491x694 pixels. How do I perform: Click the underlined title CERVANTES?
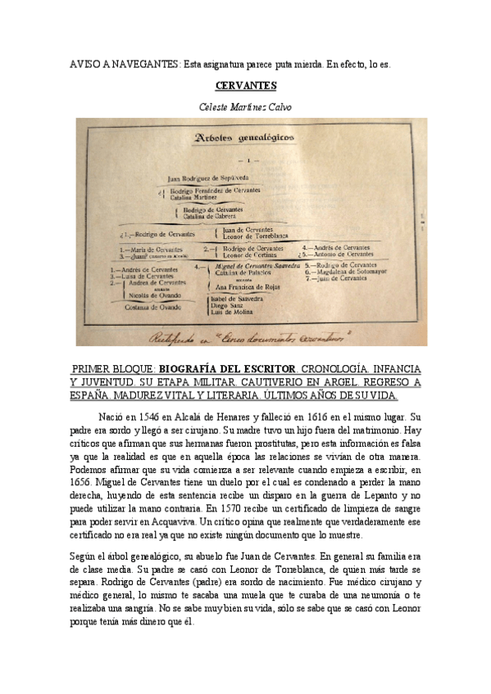point(245,85)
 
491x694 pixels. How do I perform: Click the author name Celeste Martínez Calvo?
point(245,106)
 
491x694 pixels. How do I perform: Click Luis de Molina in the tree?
point(232,313)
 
